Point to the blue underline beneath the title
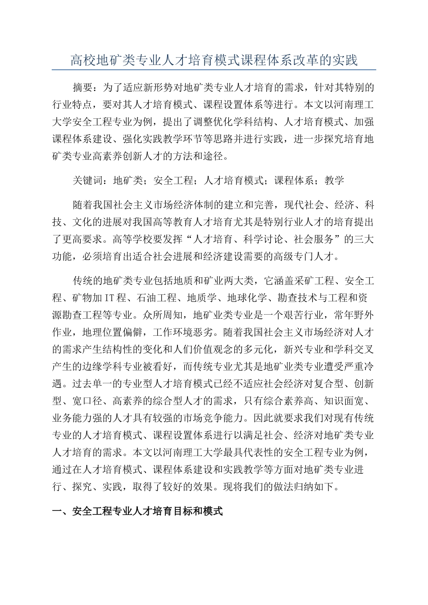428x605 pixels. tap(214, 70)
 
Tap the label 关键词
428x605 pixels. tap(88, 181)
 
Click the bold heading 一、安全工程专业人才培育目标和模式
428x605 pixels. tap(138, 512)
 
